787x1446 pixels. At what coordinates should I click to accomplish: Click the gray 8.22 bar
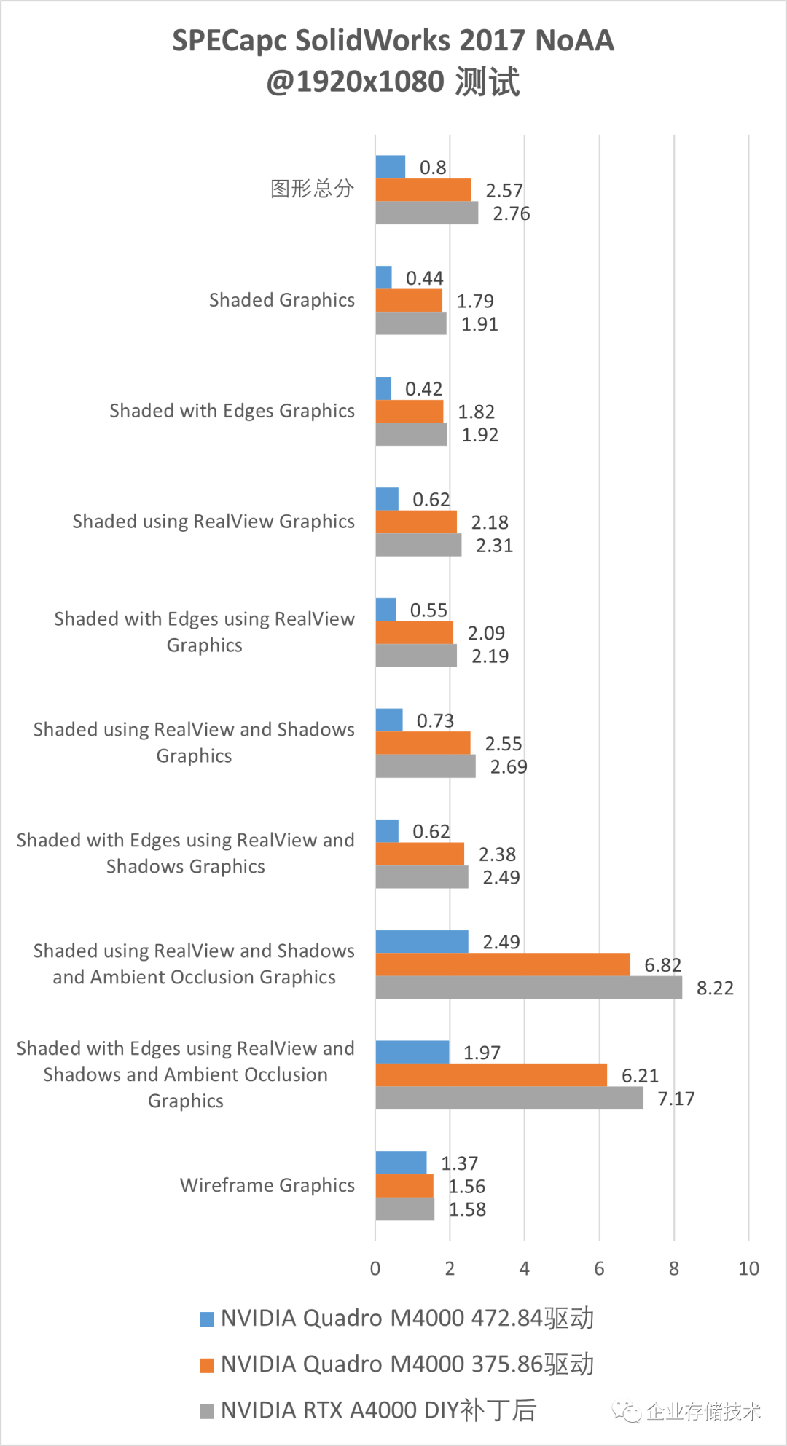tap(528, 988)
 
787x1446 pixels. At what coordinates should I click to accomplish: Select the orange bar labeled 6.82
tap(502, 964)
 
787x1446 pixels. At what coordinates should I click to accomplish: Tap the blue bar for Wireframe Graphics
tap(401, 1163)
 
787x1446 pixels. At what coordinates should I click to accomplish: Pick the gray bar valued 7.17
tap(509, 1098)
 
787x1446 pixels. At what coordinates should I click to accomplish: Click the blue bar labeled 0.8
tap(390, 167)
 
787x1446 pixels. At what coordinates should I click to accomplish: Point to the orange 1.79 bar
tap(409, 300)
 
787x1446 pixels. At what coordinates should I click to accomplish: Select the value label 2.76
tap(511, 213)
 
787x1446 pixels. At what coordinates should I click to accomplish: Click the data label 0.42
tap(423, 389)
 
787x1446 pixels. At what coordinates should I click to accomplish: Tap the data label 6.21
tap(640, 1075)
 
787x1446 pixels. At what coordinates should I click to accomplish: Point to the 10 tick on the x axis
tap(748, 1268)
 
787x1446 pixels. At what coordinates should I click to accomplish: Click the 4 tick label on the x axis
tap(524, 1268)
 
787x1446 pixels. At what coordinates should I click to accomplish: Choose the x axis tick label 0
tap(375, 1268)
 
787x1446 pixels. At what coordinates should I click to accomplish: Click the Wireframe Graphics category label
tap(267, 1185)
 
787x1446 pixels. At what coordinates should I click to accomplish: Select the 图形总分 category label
tap(312, 189)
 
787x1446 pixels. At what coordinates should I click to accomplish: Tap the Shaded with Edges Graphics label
tap(232, 411)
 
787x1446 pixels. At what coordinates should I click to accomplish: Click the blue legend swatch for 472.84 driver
tap(207, 1319)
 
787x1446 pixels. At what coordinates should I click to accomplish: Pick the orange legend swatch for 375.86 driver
tap(207, 1364)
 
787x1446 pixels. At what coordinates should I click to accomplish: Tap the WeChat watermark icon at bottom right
tap(626, 1412)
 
